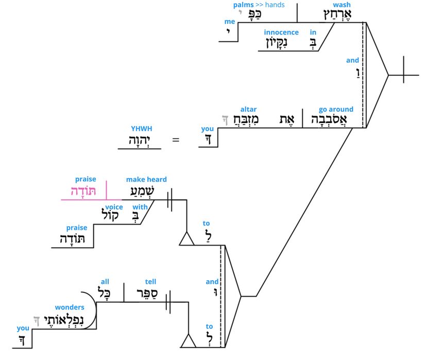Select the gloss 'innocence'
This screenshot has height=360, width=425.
click(x=281, y=32)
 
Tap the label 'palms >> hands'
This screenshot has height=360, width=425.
click(x=259, y=5)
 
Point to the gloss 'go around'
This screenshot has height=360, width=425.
click(x=336, y=109)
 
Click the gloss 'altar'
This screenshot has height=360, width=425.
click(x=248, y=109)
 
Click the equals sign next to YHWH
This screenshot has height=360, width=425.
click(x=176, y=139)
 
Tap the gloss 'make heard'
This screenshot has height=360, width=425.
click(x=146, y=179)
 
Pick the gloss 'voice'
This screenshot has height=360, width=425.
click(x=114, y=207)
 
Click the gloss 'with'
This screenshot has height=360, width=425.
click(x=140, y=207)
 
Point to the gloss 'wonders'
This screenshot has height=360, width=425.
click(x=69, y=307)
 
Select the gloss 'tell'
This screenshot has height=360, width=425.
click(x=150, y=282)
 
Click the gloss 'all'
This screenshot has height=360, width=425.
click(x=105, y=282)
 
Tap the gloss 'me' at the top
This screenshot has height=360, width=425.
click(x=229, y=22)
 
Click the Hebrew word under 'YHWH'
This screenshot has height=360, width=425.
click(x=140, y=141)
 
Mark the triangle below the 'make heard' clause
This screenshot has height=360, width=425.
click(x=186, y=239)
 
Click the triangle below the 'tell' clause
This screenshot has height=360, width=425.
click(x=186, y=341)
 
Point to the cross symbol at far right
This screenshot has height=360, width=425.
click(x=403, y=75)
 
